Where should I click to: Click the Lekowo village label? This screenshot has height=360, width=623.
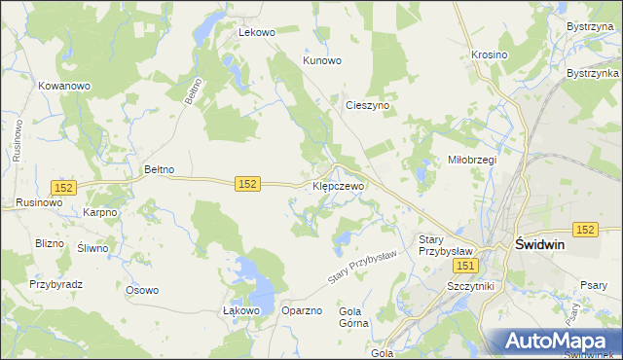coord(258,32)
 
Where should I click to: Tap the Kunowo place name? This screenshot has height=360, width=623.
coord(322,60)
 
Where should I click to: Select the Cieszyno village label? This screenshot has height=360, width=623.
coord(367,104)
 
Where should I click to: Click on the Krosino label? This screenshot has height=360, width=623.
coord(489,55)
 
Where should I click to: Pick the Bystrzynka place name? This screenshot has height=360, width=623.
coord(593,74)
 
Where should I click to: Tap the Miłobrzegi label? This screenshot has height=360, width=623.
coord(471,160)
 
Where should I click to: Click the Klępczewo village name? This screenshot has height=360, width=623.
coord(338,185)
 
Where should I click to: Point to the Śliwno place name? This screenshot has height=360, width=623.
coord(93,248)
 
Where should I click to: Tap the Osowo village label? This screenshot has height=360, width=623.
coord(142,290)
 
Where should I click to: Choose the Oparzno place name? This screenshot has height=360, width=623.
coord(301,310)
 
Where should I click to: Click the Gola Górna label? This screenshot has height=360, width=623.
coord(354,319)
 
